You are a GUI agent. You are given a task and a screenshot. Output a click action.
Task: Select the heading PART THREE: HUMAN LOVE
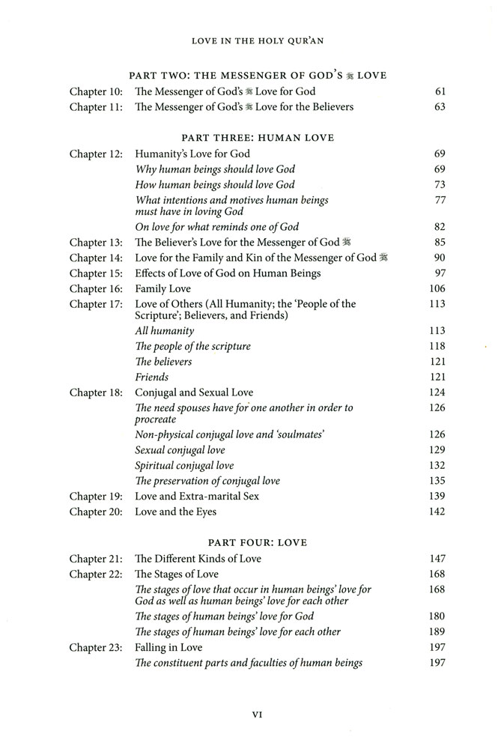point(257,138)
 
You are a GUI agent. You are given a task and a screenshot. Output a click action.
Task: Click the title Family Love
point(163,288)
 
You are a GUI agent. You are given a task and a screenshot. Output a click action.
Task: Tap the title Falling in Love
point(168,647)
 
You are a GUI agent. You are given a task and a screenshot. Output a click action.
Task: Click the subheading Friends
point(151,377)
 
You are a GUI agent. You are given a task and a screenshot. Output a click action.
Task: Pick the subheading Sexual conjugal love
point(180,450)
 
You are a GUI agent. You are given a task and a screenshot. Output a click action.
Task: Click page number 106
point(436,288)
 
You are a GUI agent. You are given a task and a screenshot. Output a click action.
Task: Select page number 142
point(436,512)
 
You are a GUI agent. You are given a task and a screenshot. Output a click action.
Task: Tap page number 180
point(436,617)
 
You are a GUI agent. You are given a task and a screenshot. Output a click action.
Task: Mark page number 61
point(440,91)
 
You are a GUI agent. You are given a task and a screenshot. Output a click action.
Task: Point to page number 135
point(436,481)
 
